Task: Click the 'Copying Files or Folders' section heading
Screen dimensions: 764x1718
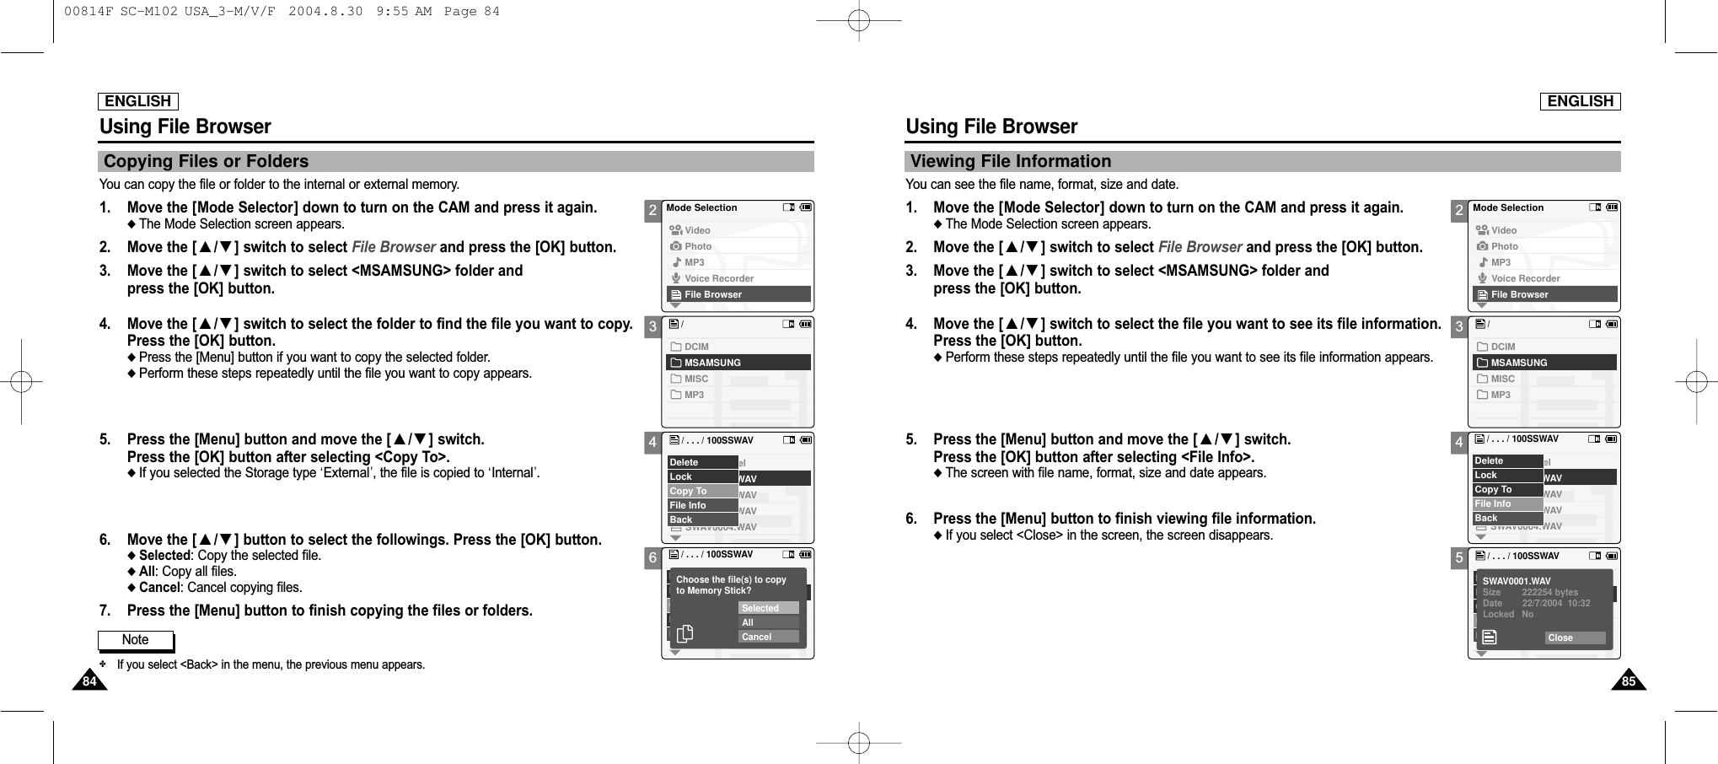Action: click(x=207, y=162)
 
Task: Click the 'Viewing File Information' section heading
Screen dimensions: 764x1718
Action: click(x=1011, y=162)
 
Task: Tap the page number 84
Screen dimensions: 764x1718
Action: click(x=88, y=681)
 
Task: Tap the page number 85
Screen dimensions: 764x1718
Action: click(x=1629, y=681)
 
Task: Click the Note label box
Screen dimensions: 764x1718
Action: click(x=136, y=641)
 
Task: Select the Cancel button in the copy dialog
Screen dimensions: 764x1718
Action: click(x=768, y=637)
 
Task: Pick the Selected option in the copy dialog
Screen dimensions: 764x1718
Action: click(x=768, y=608)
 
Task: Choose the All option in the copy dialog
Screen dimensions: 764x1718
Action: click(x=768, y=622)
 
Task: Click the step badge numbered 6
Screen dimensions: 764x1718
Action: click(x=652, y=558)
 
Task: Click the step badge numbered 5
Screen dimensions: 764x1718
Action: click(x=1459, y=558)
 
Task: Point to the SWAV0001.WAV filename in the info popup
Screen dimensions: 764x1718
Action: click(x=1517, y=581)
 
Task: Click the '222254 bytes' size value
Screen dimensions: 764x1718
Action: click(x=1549, y=593)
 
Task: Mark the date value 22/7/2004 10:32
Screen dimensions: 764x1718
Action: click(x=1555, y=604)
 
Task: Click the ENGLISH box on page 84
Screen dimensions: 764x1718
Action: click(x=138, y=101)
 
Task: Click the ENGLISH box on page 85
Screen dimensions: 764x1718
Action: click(x=1581, y=101)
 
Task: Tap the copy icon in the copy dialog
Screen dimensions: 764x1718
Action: click(x=685, y=633)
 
